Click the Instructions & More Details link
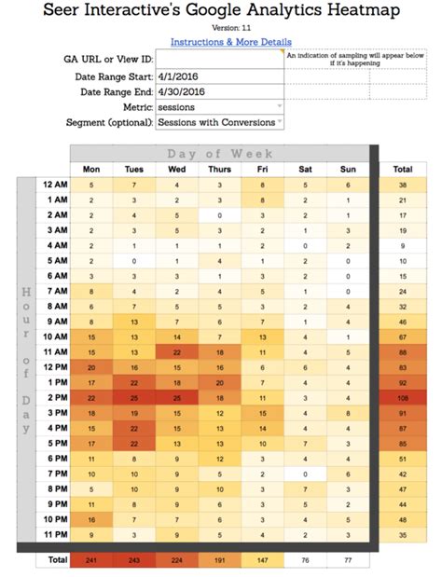[230, 42]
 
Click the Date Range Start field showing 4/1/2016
[220, 76]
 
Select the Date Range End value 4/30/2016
[220, 92]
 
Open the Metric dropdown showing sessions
[220, 107]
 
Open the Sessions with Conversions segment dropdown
[220, 122]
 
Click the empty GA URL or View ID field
[220, 59]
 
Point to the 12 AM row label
[54, 185]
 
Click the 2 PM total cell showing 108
[403, 396]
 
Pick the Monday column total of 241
[91, 560]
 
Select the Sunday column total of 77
[346, 560]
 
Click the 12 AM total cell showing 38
[403, 185]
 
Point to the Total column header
[403, 169]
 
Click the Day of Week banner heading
[220, 153]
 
